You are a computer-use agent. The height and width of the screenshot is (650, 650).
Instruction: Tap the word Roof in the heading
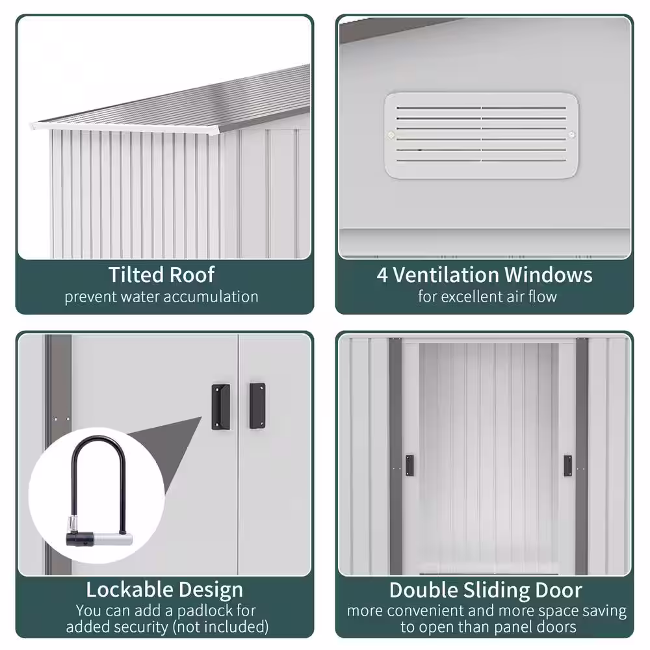[192, 274]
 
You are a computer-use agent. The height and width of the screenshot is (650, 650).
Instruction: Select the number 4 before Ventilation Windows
[382, 275]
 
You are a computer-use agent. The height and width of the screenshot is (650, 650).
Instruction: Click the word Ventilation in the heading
[446, 275]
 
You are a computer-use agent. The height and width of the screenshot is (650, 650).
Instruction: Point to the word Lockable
[129, 590]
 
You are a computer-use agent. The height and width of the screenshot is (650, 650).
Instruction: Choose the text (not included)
[221, 627]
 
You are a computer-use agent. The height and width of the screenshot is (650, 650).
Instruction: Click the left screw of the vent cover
[391, 135]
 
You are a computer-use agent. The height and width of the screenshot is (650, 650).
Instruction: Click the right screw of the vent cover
[571, 135]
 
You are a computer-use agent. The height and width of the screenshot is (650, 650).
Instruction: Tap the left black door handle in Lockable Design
[220, 407]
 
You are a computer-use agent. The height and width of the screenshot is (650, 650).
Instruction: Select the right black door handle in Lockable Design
[257, 406]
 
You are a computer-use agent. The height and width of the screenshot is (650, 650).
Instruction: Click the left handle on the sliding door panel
[409, 465]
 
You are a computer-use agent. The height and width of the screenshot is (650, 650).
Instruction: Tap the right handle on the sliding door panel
[568, 465]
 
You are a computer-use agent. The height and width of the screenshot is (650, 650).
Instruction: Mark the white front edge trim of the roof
[124, 128]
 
